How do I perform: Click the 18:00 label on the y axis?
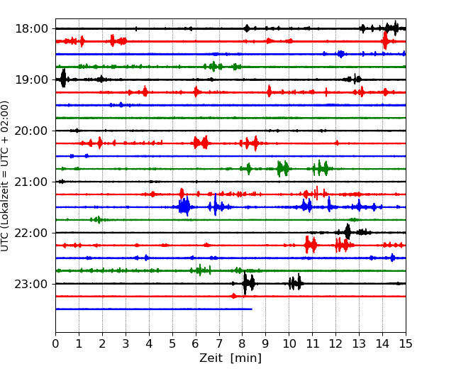[31, 29]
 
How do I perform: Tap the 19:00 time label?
[31, 79]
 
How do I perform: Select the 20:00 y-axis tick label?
[31, 131]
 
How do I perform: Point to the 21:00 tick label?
[31, 182]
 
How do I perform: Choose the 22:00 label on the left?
[31, 233]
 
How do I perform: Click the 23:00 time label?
[31, 284]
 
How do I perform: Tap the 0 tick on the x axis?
[55, 343]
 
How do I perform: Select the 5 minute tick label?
[172, 343]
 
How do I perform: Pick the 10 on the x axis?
[289, 343]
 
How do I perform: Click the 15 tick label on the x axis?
[406, 343]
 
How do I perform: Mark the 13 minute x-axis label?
[359, 343]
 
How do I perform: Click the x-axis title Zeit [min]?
[230, 358]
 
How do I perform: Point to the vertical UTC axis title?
[5, 176]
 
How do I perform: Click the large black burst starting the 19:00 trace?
[63, 78]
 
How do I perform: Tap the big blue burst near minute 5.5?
[184, 206]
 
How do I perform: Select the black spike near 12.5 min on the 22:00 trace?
[348, 231]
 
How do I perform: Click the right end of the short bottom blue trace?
[252, 309]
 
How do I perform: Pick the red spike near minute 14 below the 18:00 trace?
[385, 40]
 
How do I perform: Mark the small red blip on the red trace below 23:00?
[234, 296]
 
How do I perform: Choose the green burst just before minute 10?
[283, 169]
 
